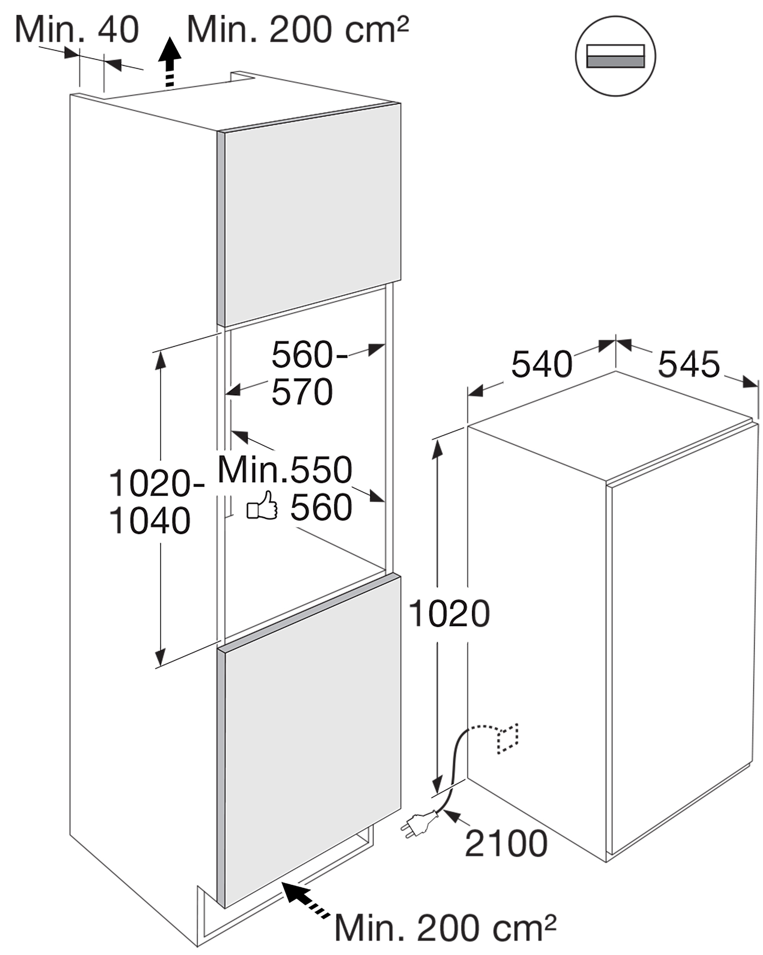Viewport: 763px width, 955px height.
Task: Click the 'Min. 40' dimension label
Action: point(77,29)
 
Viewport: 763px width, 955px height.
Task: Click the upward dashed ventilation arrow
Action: point(170,62)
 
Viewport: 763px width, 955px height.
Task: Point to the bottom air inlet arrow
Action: point(306,883)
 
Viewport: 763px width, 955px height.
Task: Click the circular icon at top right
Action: point(616,56)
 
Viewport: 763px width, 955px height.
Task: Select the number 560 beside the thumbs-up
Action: point(321,508)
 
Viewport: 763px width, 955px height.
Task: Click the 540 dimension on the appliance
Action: point(542,364)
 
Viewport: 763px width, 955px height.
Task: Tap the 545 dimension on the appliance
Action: point(689,364)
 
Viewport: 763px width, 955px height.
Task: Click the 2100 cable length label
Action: point(506,844)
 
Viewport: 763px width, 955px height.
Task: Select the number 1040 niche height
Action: point(150,521)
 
